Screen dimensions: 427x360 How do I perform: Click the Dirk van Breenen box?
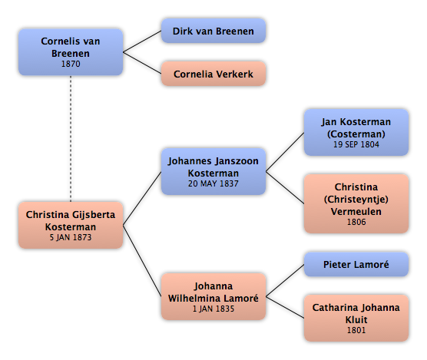click(x=213, y=31)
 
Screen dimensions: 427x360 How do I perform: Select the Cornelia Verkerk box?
click(x=213, y=74)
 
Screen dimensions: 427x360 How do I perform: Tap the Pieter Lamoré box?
click(x=356, y=264)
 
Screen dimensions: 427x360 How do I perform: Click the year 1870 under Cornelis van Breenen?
click(x=71, y=64)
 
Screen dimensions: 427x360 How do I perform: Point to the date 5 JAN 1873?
click(x=71, y=237)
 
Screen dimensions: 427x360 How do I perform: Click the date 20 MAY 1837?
click(x=213, y=183)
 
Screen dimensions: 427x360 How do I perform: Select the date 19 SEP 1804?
click(x=356, y=144)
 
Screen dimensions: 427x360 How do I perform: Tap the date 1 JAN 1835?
click(x=213, y=309)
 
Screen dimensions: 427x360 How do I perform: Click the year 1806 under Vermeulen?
click(x=356, y=222)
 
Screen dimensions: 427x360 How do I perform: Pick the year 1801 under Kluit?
click(x=356, y=330)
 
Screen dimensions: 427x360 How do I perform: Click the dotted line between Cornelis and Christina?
click(x=71, y=138)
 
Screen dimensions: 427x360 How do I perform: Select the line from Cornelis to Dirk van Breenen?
click(x=142, y=41)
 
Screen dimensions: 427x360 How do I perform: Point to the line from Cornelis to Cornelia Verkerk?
click(x=142, y=63)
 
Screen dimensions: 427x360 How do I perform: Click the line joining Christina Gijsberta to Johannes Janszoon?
click(x=142, y=198)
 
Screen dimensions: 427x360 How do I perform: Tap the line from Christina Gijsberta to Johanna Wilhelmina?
click(x=142, y=261)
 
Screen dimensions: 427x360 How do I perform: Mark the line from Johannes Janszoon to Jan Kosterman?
click(x=285, y=152)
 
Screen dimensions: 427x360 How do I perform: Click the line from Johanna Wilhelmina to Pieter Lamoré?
click(x=285, y=280)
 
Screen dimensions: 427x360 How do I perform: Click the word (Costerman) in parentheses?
click(x=356, y=134)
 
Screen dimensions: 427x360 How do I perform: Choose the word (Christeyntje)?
click(x=356, y=199)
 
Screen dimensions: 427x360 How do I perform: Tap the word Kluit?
click(x=356, y=319)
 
